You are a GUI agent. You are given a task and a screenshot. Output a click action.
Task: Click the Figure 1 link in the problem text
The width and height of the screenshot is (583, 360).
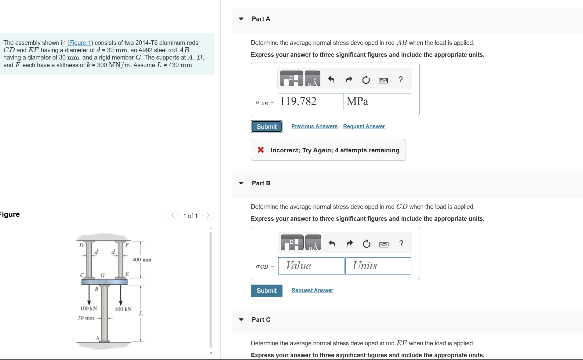(x=80, y=43)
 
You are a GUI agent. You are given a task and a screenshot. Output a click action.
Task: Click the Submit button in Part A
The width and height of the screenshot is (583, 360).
(x=266, y=127)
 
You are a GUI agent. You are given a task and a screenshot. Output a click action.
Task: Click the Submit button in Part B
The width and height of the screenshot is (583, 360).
(x=266, y=291)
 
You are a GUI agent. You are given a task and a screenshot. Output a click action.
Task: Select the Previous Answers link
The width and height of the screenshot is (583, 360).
(x=314, y=126)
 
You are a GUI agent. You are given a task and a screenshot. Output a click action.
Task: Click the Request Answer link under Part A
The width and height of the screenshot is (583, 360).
(x=364, y=126)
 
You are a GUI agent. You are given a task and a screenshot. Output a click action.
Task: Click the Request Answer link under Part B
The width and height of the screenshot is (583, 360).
(x=312, y=290)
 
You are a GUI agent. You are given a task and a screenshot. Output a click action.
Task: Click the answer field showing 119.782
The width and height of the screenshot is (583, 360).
(x=310, y=102)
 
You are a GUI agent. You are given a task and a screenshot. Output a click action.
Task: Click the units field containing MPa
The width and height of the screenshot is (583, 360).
(x=377, y=102)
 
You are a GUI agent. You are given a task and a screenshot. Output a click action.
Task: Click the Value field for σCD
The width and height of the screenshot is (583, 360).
(x=311, y=266)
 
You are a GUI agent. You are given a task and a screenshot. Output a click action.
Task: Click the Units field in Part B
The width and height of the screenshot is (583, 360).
(x=378, y=266)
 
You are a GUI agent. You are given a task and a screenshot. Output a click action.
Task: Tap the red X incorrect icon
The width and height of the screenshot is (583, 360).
(x=261, y=150)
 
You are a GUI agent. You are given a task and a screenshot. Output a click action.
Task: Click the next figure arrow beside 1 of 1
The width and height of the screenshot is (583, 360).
(x=208, y=215)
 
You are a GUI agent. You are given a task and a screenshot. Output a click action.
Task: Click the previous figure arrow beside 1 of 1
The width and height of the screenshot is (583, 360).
(x=173, y=215)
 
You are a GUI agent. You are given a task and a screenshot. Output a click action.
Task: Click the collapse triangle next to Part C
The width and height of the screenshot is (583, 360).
(x=241, y=320)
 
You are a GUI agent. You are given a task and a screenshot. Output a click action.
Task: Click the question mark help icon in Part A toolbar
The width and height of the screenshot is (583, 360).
(x=401, y=80)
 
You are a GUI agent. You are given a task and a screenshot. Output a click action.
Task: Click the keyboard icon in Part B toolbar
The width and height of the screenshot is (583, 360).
(x=384, y=244)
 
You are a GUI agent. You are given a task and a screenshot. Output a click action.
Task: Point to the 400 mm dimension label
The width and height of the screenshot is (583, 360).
(x=142, y=260)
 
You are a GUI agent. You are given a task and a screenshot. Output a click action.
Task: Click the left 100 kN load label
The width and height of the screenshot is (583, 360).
(x=89, y=308)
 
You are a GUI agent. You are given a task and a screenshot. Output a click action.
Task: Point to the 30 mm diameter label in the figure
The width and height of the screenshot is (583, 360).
(x=86, y=318)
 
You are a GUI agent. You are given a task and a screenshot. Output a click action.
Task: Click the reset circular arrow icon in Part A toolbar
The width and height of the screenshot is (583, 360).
(x=366, y=80)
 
